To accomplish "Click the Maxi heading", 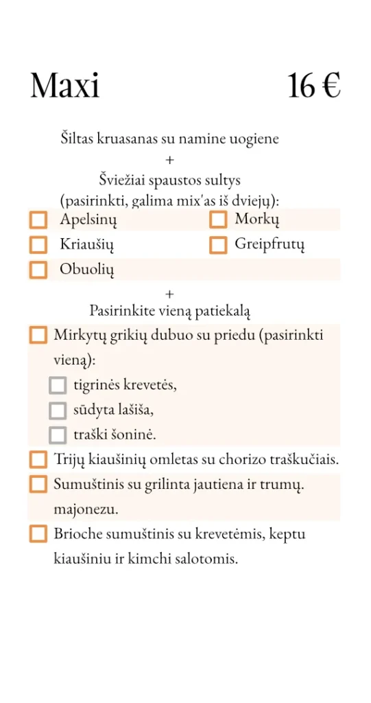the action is (x=65, y=87).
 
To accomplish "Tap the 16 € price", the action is (x=314, y=87).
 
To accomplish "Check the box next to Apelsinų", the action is (x=38, y=220).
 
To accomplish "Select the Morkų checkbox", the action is (x=218, y=220).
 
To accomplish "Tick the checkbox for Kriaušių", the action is (x=38, y=244).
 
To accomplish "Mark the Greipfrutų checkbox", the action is (x=218, y=244).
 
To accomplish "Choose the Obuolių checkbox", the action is (x=38, y=269).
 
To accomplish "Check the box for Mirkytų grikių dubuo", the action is (x=38, y=336).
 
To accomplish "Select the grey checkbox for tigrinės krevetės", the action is (x=58, y=385).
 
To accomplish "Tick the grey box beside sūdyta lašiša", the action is (x=58, y=410).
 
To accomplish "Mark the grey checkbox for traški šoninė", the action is (x=58, y=435).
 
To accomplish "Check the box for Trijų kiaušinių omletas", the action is (x=38, y=459).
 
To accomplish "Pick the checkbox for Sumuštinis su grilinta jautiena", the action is (x=38, y=484).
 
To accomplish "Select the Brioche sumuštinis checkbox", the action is (x=38, y=533).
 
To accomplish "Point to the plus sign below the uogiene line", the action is (x=170, y=160).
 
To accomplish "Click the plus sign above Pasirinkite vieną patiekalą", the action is (x=170, y=294).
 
